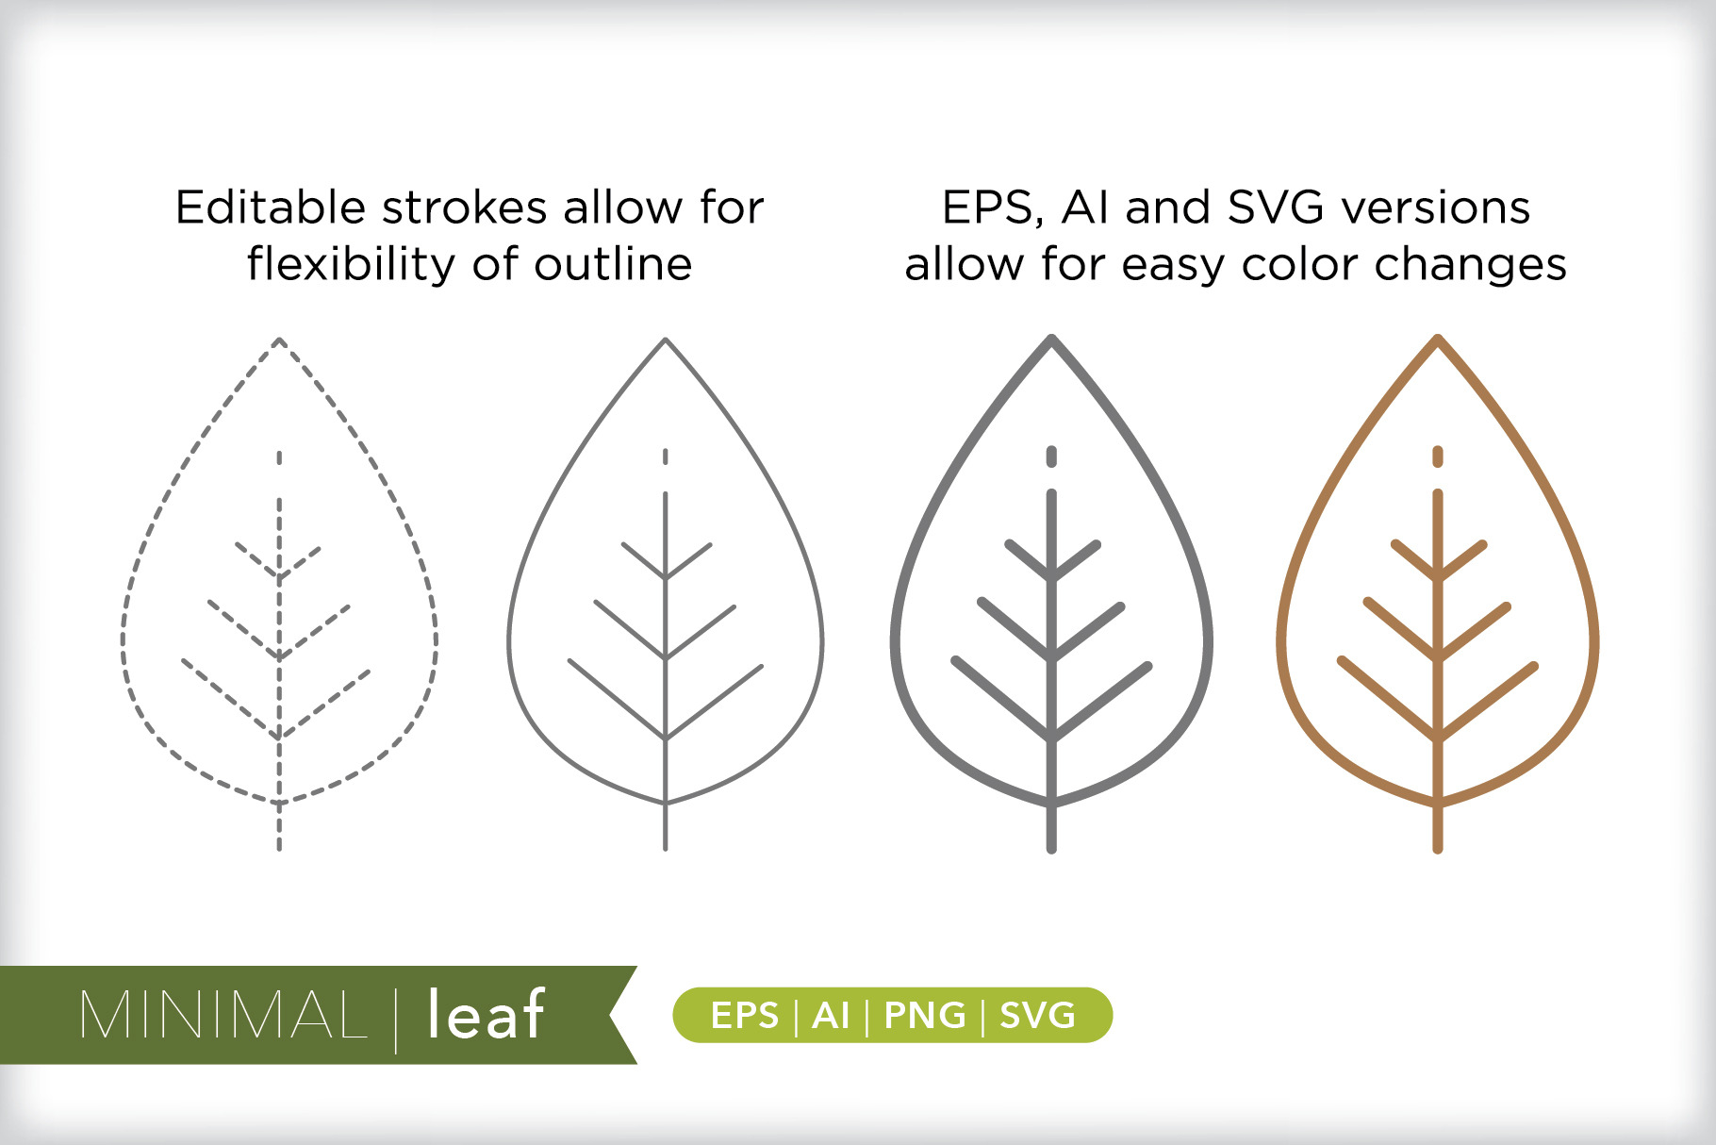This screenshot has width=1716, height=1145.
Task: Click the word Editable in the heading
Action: pyautogui.click(x=271, y=207)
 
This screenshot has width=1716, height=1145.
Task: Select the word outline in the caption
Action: pyautogui.click(x=613, y=265)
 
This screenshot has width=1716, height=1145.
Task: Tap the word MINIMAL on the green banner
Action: pyautogui.click(x=223, y=1015)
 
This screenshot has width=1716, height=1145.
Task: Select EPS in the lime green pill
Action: pyautogui.click(x=745, y=1016)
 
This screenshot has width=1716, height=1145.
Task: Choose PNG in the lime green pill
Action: pyautogui.click(x=925, y=1016)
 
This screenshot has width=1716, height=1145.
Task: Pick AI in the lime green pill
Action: pyautogui.click(x=831, y=1016)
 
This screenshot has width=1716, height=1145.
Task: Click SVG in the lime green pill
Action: pyautogui.click(x=1037, y=1016)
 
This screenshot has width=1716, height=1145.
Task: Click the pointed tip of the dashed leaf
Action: pyautogui.click(x=279, y=339)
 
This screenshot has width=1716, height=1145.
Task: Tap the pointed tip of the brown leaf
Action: pyautogui.click(x=1438, y=337)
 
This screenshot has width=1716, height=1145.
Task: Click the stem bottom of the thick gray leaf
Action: pyautogui.click(x=1051, y=850)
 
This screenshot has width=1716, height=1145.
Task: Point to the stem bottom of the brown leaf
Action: pyautogui.click(x=1438, y=850)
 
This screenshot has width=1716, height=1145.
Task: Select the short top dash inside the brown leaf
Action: pyautogui.click(x=1438, y=456)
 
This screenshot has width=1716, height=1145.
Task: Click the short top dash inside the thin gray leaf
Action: pyautogui.click(x=666, y=456)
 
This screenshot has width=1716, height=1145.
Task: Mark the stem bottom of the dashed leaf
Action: pyautogui.click(x=279, y=849)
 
